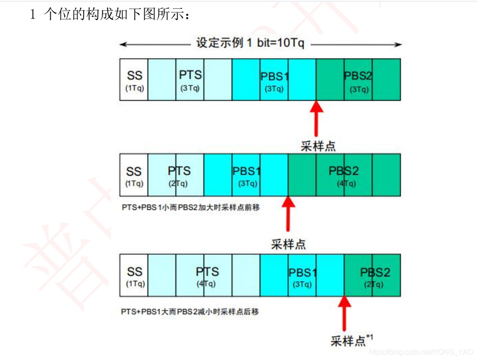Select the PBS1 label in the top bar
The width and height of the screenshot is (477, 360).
[x=274, y=77]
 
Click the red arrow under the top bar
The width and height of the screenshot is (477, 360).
[x=315, y=119]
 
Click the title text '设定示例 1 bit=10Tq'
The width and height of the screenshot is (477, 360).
[x=251, y=44]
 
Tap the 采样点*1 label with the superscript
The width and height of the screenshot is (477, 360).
[x=351, y=340]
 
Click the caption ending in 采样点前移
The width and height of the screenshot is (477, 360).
[x=190, y=207]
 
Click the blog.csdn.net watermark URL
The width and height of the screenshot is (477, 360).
[x=421, y=352]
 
